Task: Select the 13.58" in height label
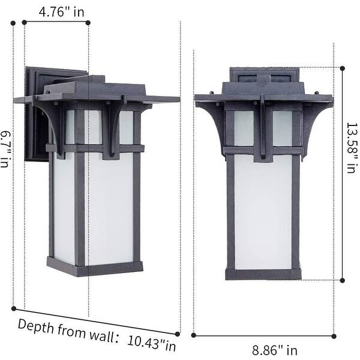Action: (350, 149)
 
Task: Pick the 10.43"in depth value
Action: (152, 344)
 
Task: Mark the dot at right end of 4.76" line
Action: (88, 22)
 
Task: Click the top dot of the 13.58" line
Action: (343, 68)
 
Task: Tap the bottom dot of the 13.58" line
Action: (343, 280)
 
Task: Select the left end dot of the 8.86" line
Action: (194, 335)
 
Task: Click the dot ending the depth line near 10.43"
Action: (178, 334)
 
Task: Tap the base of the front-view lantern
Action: (263, 274)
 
